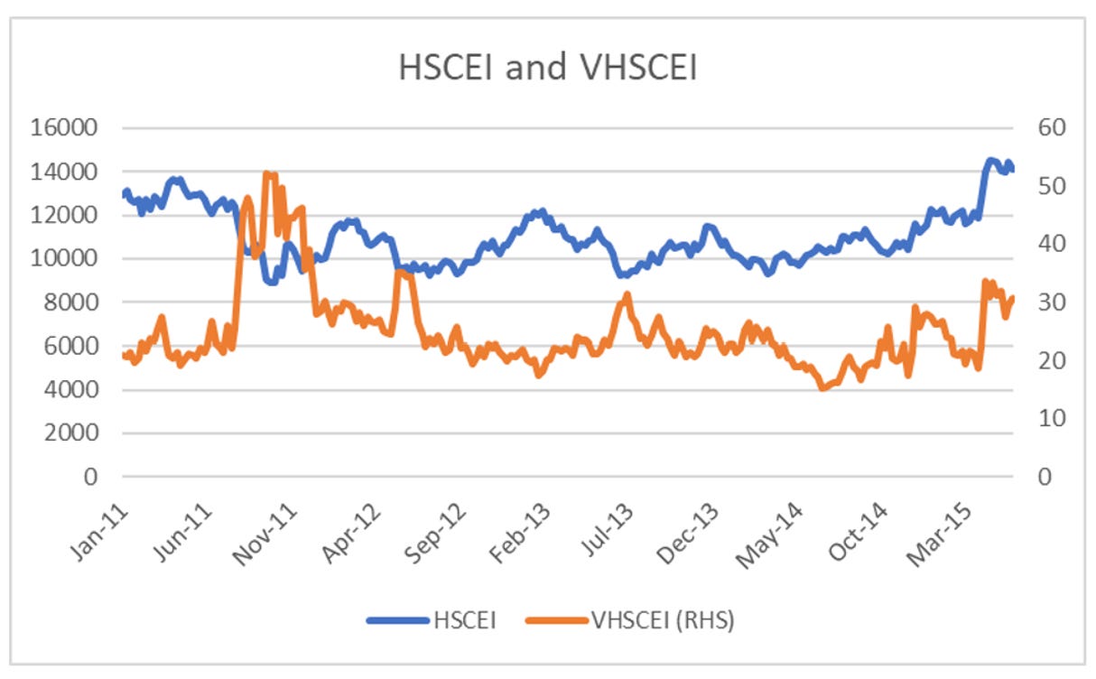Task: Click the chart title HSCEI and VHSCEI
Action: (547, 68)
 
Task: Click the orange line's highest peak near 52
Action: (267, 173)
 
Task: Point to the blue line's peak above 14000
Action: (991, 161)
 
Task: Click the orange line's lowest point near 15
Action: (822, 388)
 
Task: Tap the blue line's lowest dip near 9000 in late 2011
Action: (271, 281)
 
